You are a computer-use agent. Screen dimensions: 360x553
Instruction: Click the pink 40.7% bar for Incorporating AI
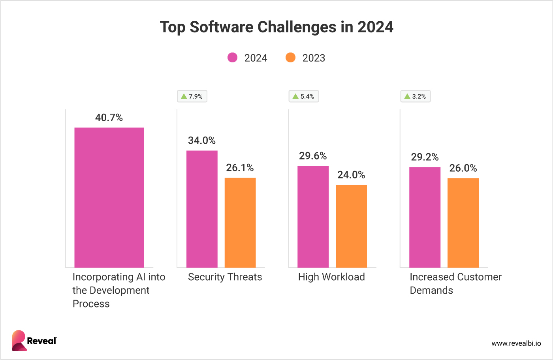109,197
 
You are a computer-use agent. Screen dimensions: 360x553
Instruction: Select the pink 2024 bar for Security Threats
202,209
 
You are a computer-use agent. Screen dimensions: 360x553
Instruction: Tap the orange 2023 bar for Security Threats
240,223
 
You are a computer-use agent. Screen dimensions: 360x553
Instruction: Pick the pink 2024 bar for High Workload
313,217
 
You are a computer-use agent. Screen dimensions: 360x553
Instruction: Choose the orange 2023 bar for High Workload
351,226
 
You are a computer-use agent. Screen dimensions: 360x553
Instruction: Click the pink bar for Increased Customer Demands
425,217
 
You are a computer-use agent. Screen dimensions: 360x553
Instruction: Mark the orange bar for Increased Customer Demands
463,223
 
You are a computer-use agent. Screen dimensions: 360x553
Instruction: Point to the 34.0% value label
201,141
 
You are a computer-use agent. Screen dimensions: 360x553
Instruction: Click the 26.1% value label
240,168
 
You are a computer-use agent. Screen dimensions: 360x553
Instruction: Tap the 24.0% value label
351,175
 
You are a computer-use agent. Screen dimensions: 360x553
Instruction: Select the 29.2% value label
425,157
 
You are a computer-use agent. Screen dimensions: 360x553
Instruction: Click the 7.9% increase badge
192,96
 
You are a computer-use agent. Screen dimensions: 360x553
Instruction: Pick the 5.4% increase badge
303,96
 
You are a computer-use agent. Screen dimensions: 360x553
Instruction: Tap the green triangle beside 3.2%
407,96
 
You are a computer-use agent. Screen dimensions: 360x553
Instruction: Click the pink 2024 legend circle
233,58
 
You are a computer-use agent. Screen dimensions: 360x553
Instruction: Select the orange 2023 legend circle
290,58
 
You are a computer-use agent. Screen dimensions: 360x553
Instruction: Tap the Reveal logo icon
19,340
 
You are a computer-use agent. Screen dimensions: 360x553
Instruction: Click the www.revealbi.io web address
516,343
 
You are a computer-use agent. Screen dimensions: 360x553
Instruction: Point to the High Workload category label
331,277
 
